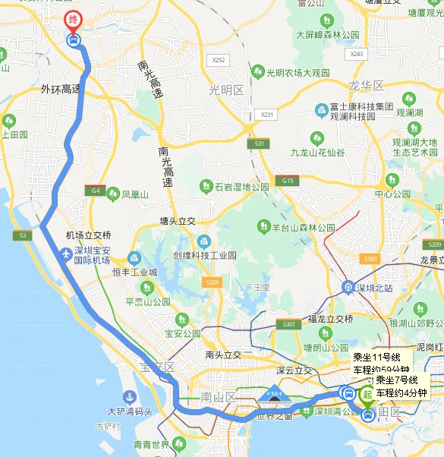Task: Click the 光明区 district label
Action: tap(227, 90)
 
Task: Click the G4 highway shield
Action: tap(96, 191)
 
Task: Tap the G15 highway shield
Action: tap(287, 181)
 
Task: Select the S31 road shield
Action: tap(260, 143)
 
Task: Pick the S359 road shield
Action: tap(212, 283)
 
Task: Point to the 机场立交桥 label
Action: tap(89, 235)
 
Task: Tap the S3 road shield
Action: tap(22, 236)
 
